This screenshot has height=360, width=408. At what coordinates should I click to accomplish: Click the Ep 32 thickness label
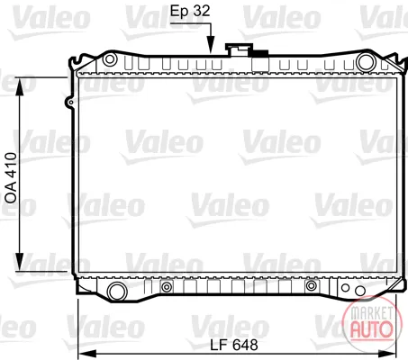pyautogui.click(x=190, y=11)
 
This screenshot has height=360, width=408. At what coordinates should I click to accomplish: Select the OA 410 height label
pyautogui.click(x=11, y=178)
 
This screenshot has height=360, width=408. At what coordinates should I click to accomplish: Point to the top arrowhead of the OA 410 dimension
pyautogui.click(x=20, y=86)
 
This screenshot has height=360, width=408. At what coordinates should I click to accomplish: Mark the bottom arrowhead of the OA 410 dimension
pyautogui.click(x=20, y=262)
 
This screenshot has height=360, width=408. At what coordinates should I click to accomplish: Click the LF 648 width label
pyautogui.click(x=234, y=345)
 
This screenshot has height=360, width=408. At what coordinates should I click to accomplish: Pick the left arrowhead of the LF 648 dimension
pyautogui.click(x=87, y=353)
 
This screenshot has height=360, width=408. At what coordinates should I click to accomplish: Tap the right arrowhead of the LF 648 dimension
pyautogui.click(x=387, y=353)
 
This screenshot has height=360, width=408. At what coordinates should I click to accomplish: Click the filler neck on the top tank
pyautogui.click(x=239, y=50)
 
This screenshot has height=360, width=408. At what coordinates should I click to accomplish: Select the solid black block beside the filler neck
pyautogui.click(x=258, y=53)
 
